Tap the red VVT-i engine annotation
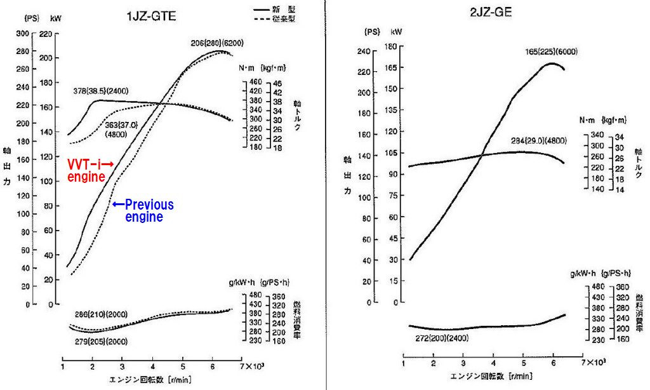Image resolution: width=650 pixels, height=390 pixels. coord(90,170)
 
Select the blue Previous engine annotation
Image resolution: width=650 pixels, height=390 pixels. coord(143,211)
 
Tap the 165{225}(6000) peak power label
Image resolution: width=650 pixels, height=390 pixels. coord(551,52)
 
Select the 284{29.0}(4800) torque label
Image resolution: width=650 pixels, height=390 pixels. coord(538,140)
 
